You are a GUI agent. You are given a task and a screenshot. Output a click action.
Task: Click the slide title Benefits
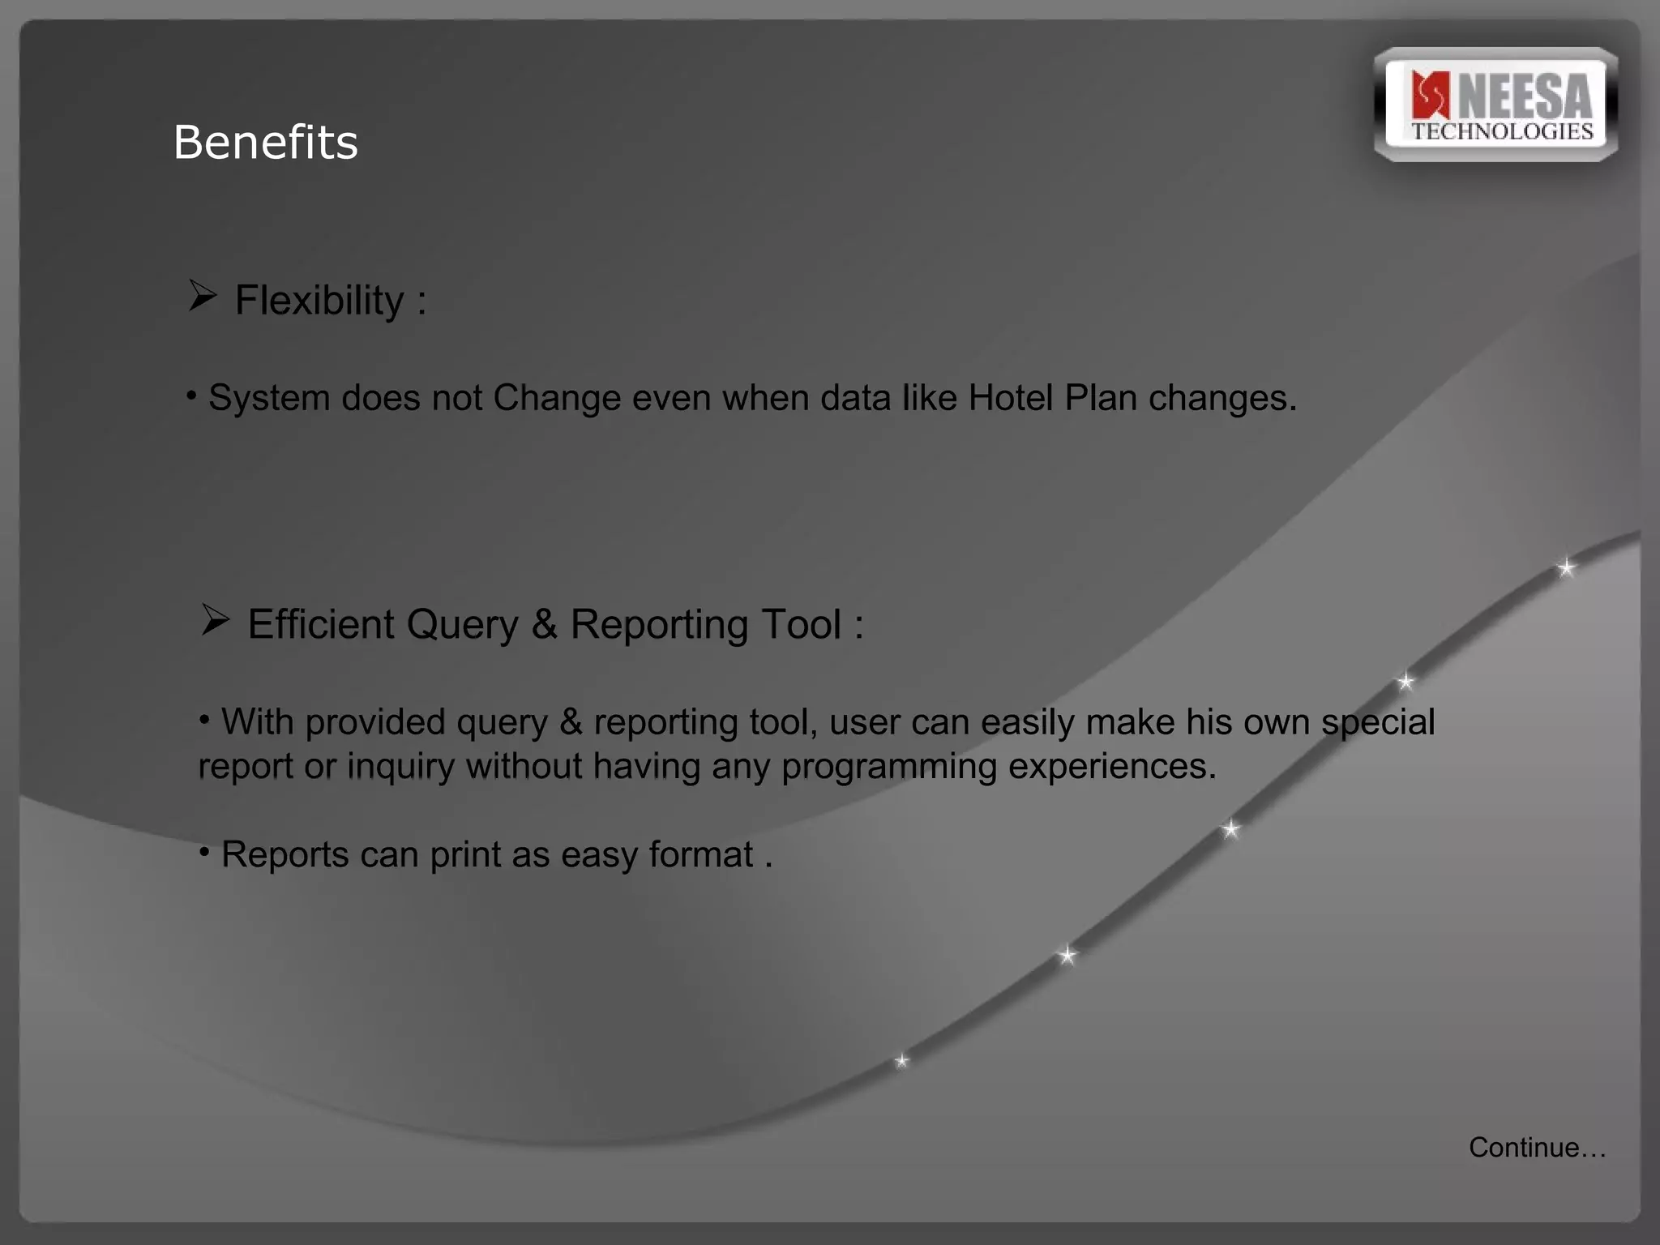click(265, 143)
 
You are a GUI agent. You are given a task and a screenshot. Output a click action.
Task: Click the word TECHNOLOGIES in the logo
click(1502, 132)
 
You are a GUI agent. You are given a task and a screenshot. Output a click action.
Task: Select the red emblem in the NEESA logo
click(1430, 96)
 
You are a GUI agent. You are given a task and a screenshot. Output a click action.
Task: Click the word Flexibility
click(319, 300)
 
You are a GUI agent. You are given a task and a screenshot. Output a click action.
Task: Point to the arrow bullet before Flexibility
click(202, 296)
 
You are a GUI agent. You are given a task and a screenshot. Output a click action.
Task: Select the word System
click(268, 398)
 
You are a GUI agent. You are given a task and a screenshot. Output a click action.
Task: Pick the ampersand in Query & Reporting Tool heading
click(545, 624)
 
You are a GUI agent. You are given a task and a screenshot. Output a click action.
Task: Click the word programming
click(888, 767)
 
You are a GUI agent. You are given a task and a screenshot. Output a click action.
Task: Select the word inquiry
click(400, 767)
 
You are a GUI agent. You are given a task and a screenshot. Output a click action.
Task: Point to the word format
click(700, 854)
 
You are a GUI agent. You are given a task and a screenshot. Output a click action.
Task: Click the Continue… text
click(1537, 1148)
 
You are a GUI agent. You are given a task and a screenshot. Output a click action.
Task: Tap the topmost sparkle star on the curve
click(1566, 567)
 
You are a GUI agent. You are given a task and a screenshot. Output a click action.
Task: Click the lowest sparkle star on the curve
click(901, 1061)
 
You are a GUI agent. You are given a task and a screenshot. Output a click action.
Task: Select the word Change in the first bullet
click(556, 398)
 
